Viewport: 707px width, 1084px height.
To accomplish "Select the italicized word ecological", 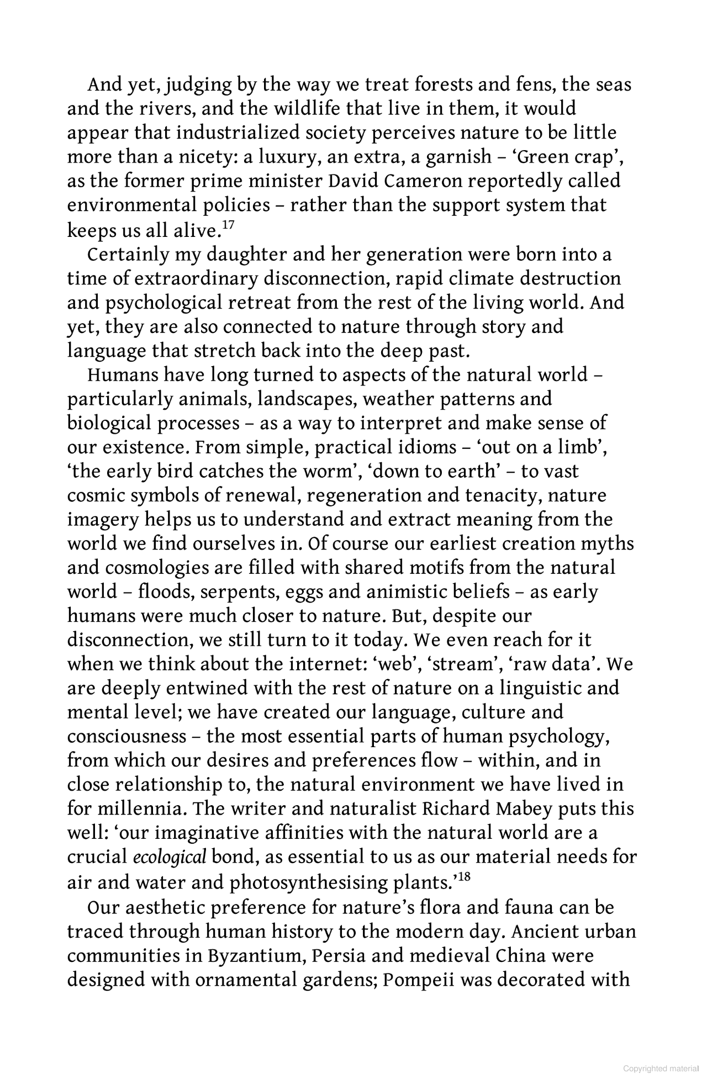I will coord(170,857).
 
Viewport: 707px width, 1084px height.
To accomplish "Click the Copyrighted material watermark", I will coord(661,1069).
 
